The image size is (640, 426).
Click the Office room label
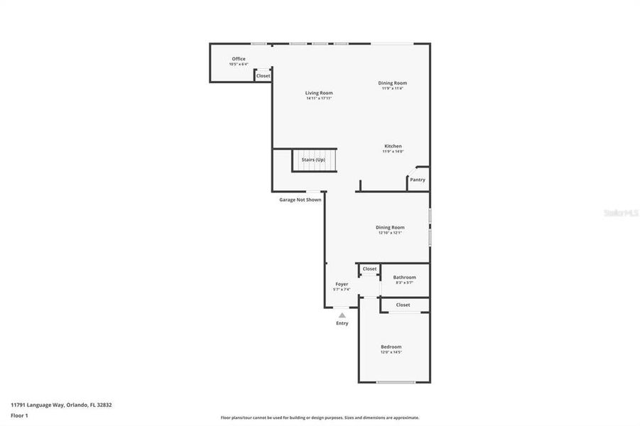point(239,59)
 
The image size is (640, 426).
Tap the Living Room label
point(319,93)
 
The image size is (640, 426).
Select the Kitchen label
point(393,146)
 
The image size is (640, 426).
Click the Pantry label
point(418,180)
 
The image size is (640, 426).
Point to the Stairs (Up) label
point(313,160)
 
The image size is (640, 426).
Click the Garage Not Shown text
point(300,200)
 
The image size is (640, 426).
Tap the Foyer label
point(342,284)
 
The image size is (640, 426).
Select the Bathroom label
point(404,277)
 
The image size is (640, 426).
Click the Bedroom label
point(391,346)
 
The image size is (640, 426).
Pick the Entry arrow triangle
point(342,315)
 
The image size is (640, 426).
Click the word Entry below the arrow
point(342,324)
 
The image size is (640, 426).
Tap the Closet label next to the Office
point(263,75)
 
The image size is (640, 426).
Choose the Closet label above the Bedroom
point(403,305)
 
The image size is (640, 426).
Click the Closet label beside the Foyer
point(369,269)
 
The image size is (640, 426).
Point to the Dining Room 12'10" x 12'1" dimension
point(390,233)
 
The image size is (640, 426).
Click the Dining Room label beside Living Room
point(392,83)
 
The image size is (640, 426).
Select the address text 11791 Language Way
point(61,405)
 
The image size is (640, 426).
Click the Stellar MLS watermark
point(620,212)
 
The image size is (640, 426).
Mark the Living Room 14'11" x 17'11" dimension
point(319,99)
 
